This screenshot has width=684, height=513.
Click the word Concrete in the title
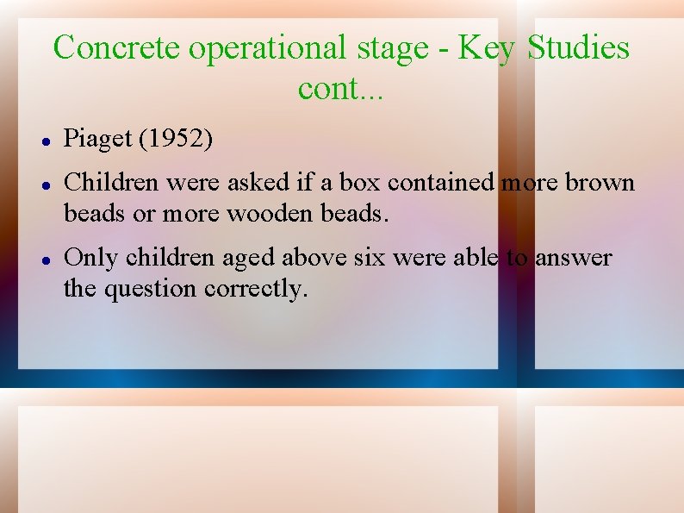[117, 47]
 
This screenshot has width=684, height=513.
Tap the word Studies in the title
[578, 47]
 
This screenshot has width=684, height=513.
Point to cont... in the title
[341, 87]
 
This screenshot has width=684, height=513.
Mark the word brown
[600, 182]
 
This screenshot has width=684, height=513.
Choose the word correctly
[256, 289]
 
